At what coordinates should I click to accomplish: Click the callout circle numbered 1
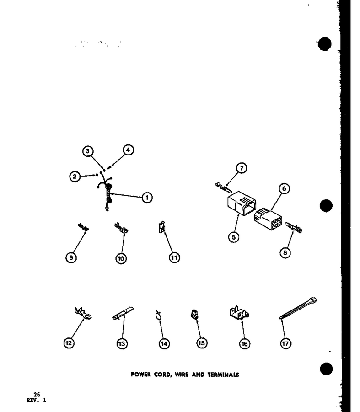tap(147, 198)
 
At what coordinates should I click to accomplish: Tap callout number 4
tap(128, 150)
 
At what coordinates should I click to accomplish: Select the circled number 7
tap(242, 168)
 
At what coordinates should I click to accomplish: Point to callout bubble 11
tap(174, 257)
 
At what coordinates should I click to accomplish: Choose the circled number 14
tap(164, 344)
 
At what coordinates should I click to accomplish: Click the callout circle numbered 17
tap(285, 343)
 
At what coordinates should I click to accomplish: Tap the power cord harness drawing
tap(106, 193)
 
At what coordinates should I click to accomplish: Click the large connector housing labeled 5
tap(241, 203)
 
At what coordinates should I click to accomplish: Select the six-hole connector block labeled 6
tap(268, 219)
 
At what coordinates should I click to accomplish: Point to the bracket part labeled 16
tap(239, 313)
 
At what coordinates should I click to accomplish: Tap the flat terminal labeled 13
tap(123, 313)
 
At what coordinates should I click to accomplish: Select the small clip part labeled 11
tap(161, 227)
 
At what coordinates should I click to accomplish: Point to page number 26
tap(37, 395)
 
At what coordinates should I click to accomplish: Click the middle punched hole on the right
tap(326, 205)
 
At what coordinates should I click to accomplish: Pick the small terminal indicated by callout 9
tap(83, 227)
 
